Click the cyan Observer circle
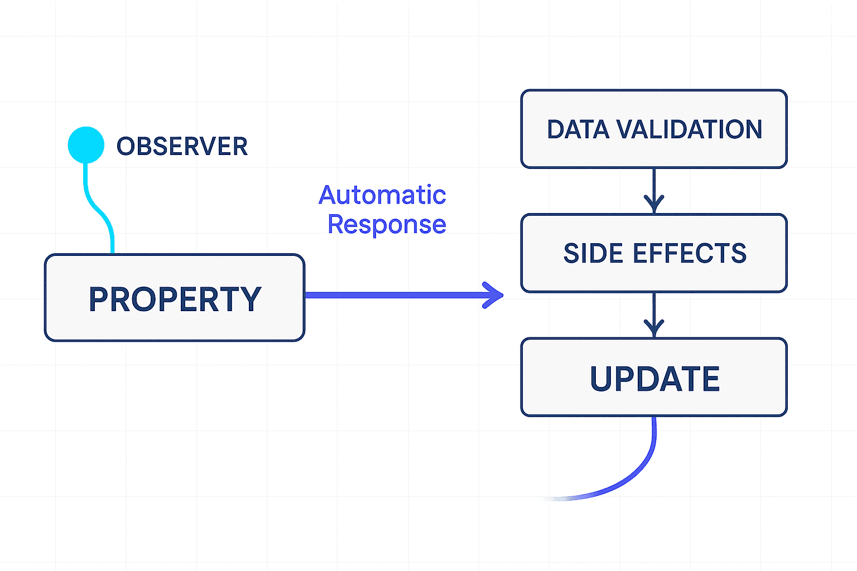(86, 145)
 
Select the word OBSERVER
(182, 146)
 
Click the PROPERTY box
(175, 298)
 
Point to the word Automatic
(382, 195)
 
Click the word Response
(387, 225)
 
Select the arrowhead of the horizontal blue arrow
(493, 295)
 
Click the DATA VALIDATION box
(654, 129)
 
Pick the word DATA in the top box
(578, 129)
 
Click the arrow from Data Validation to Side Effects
(654, 191)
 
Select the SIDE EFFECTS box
(654, 253)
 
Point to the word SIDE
(594, 253)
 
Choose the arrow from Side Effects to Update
(654, 315)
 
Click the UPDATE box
(654, 378)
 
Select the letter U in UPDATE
(601, 379)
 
